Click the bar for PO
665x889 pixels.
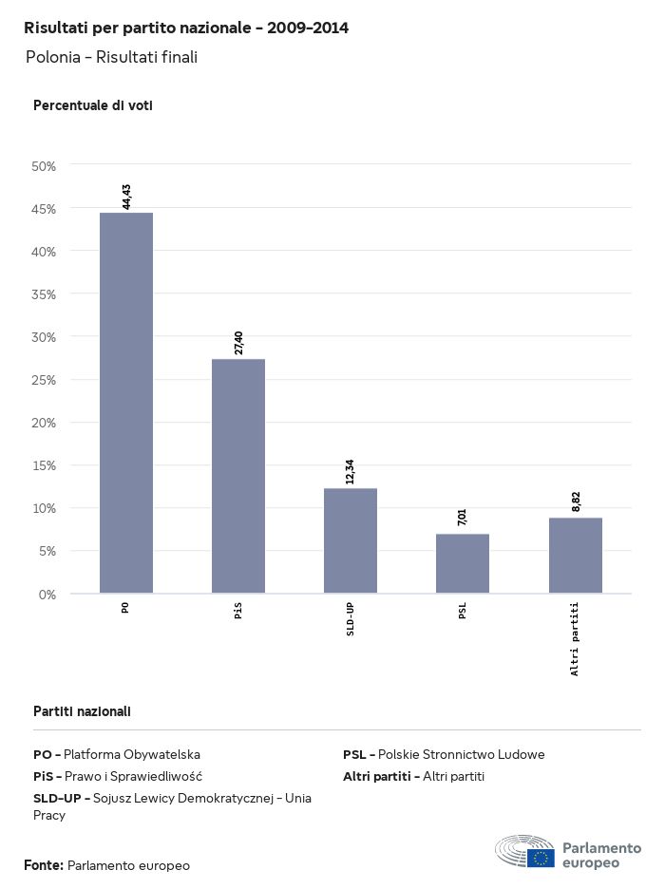click(126, 403)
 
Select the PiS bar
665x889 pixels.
click(238, 476)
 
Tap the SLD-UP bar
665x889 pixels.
click(351, 540)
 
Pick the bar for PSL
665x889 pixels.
click(463, 563)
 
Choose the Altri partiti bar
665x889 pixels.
click(576, 556)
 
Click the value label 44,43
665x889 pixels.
click(126, 197)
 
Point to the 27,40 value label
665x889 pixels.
click(238, 343)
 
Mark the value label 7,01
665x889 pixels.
click(463, 518)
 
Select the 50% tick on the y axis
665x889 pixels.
click(45, 166)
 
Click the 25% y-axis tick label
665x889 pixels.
click(45, 380)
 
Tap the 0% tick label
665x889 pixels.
click(47, 595)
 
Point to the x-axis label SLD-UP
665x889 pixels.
click(351, 619)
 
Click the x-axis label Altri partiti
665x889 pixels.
click(576, 638)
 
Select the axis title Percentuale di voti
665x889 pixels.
click(93, 105)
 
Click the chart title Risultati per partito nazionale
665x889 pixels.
click(186, 28)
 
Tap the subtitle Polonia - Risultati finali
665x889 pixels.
click(112, 57)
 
